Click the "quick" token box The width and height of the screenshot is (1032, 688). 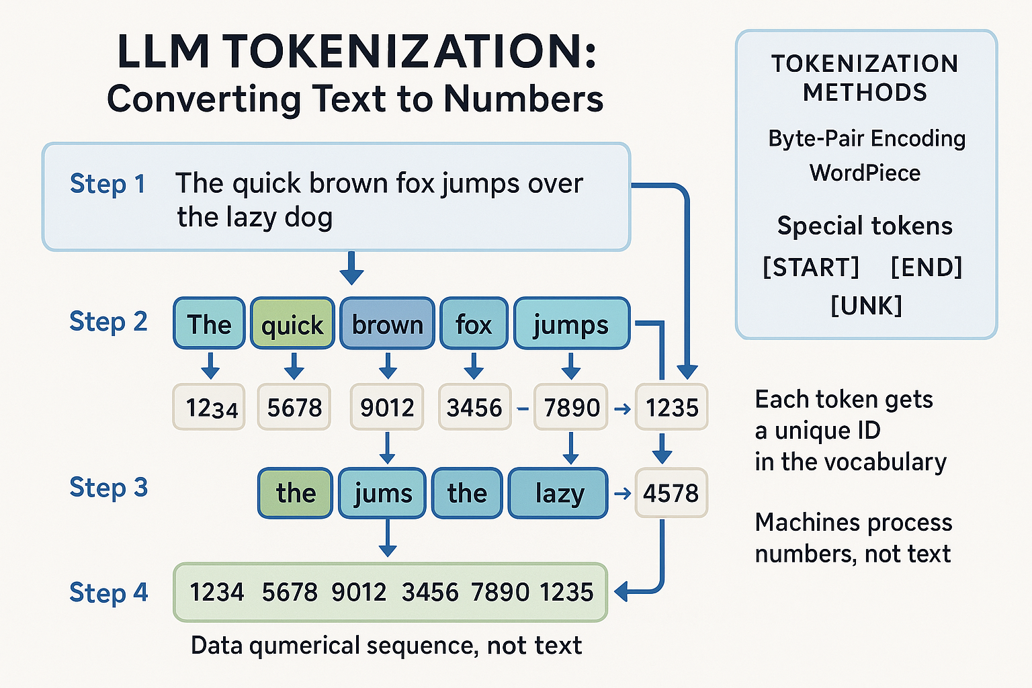click(292, 324)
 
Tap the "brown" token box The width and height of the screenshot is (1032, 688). click(387, 324)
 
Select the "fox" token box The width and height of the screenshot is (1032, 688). click(474, 324)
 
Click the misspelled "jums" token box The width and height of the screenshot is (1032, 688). click(382, 493)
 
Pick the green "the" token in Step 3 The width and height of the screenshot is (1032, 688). click(295, 493)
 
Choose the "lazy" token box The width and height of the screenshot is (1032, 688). click(558, 493)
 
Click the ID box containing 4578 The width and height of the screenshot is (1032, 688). click(671, 493)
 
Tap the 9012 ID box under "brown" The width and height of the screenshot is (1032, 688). click(387, 407)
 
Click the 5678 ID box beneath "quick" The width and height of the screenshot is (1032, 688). click(294, 407)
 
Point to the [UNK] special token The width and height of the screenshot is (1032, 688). click(866, 306)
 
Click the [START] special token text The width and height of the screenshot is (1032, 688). click(811, 267)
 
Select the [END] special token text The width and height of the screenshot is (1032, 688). click(926, 267)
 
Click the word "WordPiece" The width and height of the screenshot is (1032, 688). click(865, 173)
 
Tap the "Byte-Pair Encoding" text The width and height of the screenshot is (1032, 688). click(867, 138)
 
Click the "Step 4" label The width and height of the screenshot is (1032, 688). click(108, 593)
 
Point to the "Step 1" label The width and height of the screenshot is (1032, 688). click(107, 184)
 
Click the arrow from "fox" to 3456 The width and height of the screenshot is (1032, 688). click(474, 365)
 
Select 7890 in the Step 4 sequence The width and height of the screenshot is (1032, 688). click(501, 592)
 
